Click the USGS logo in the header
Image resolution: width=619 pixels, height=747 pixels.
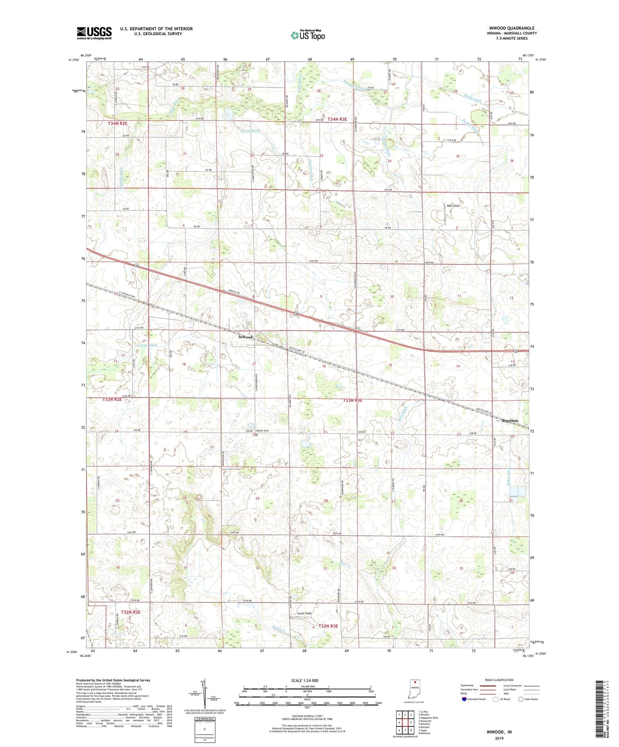[x=94, y=33]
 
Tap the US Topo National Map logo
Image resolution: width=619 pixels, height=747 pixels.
[x=307, y=35]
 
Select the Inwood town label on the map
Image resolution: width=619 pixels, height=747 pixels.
[x=245, y=337]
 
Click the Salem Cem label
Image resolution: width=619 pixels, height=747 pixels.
[x=263, y=430]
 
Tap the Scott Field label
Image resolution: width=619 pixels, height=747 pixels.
[x=305, y=614]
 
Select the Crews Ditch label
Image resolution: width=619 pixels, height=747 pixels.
[x=147, y=345]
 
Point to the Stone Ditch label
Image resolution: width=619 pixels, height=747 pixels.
[x=251, y=130]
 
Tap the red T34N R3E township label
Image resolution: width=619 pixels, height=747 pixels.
[x=337, y=119]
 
